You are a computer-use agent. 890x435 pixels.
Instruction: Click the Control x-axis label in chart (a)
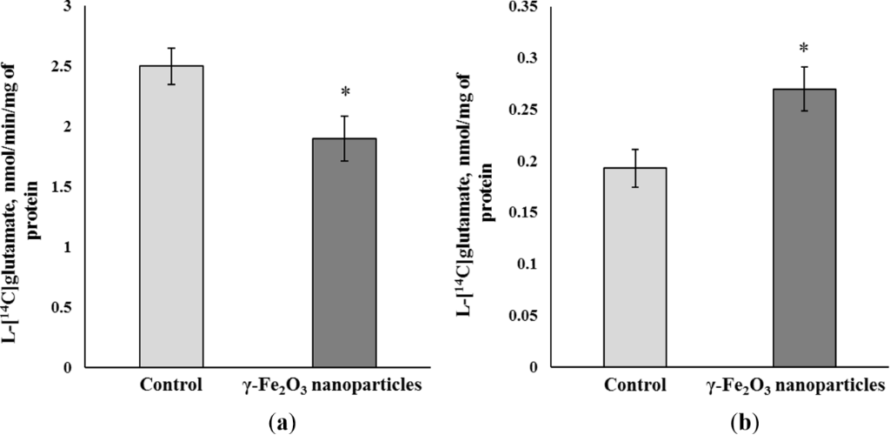170,385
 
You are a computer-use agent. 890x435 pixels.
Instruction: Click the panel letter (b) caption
745,423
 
